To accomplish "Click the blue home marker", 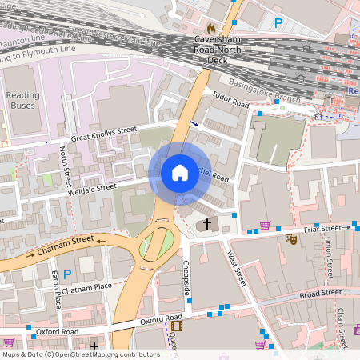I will [x=180, y=173].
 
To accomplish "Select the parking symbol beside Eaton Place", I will [x=67, y=274].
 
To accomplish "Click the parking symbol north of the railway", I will [x=278, y=24].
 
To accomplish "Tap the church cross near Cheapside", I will [x=207, y=224].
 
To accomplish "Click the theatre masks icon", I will [x=294, y=238].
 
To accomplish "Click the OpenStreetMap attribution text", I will [x=81, y=354].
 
